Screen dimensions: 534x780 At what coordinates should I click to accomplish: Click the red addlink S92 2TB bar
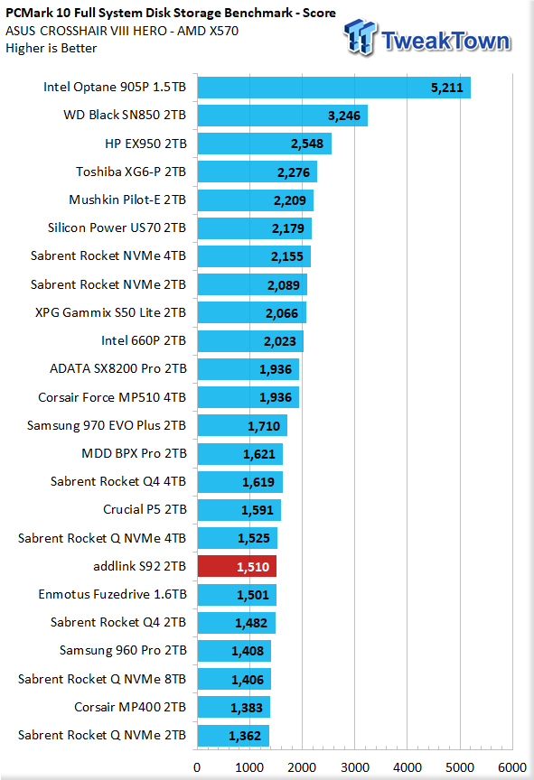pos(237,566)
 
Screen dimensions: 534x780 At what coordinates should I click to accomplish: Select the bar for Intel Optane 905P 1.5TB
pos(334,88)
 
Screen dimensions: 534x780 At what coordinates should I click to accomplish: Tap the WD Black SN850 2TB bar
pos(283,116)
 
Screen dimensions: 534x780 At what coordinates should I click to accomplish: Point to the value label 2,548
pos(307,144)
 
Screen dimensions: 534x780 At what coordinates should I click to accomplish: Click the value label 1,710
pos(264,426)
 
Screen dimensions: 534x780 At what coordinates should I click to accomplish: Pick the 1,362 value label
pos(245,736)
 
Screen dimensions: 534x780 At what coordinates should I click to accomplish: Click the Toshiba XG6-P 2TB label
pos(131,172)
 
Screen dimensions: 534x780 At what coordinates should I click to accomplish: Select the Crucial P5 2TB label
pos(145,509)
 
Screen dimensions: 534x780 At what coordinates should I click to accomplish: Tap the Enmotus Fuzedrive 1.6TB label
pos(112,594)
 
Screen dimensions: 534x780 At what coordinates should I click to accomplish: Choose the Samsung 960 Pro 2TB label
pos(124,650)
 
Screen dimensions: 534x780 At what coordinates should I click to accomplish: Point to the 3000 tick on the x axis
pos(355,767)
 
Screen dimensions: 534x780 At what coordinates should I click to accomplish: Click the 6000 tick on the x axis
pos(512,767)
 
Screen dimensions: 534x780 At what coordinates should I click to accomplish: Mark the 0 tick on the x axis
pos(197,767)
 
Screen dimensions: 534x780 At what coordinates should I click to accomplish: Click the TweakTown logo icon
pos(361,36)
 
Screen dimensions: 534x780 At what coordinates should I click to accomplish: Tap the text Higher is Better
pos(52,48)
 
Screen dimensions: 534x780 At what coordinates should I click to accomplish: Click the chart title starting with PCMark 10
pos(171,13)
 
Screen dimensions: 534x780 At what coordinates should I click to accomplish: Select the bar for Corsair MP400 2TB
pos(234,707)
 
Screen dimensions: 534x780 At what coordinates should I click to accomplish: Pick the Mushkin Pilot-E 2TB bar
pos(256,200)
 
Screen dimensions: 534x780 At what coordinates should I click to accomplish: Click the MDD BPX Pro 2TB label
pos(135,453)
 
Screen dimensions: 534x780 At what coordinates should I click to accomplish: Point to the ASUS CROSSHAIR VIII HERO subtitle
pos(122,31)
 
